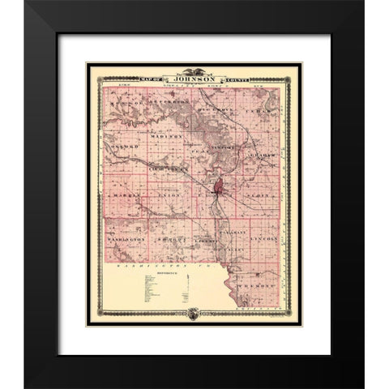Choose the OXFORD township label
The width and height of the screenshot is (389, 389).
point(122,147)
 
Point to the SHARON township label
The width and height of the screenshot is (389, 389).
point(169,240)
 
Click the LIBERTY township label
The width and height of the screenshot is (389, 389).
point(207,242)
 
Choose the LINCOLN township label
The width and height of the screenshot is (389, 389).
point(266,240)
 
